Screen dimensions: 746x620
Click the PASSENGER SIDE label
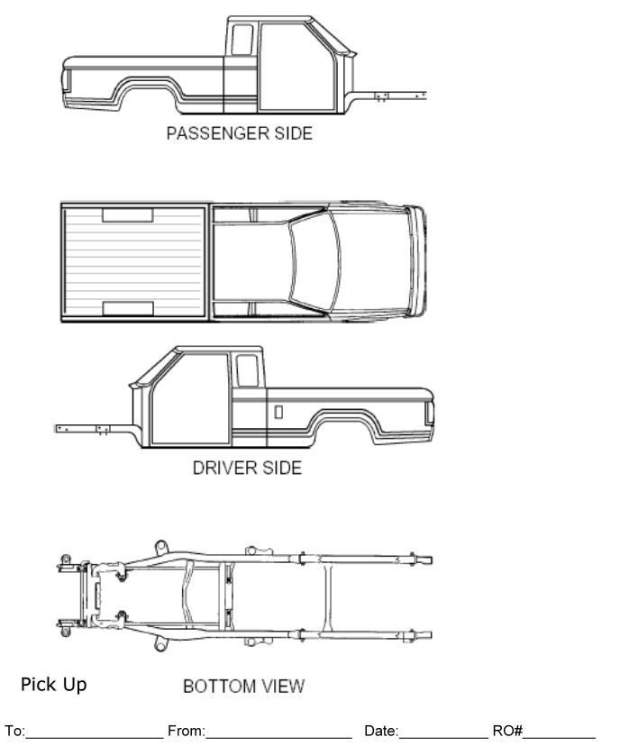pos(239,133)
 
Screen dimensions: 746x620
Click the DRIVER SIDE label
pos(247,468)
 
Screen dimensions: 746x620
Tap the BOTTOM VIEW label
pos(243,687)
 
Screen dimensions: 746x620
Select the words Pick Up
pos(54,685)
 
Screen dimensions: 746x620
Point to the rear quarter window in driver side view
pos(246,370)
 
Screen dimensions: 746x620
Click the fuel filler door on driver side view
pos(278,412)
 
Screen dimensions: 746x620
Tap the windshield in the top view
pos(311,261)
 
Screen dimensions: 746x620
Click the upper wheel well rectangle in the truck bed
pos(127,215)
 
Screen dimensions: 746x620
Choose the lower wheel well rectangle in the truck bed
pos(127,308)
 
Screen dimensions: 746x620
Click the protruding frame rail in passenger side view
pos(397,93)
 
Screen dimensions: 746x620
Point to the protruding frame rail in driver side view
pos(86,428)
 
